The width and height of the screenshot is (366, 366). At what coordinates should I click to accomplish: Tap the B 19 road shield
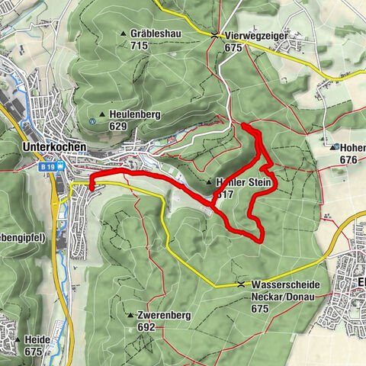point(49,165)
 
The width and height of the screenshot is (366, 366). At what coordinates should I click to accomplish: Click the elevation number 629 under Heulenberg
point(117,125)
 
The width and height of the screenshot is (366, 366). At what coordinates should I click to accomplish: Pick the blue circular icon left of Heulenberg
point(91,120)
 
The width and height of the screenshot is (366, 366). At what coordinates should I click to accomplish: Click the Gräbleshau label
point(154,35)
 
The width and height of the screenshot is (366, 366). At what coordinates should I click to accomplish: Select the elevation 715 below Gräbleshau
point(139,46)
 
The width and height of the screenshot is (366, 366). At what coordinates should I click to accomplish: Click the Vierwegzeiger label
point(256,35)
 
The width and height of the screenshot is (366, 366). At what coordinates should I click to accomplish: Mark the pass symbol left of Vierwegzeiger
point(216,35)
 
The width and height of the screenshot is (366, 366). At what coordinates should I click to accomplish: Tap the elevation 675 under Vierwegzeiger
point(233,47)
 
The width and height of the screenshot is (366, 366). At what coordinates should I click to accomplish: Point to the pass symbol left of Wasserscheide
point(242,284)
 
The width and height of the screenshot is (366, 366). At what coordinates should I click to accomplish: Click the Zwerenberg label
point(164,316)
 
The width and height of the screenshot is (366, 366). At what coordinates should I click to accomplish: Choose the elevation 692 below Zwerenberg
point(147,327)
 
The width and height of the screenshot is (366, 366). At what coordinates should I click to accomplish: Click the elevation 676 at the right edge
point(348,159)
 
